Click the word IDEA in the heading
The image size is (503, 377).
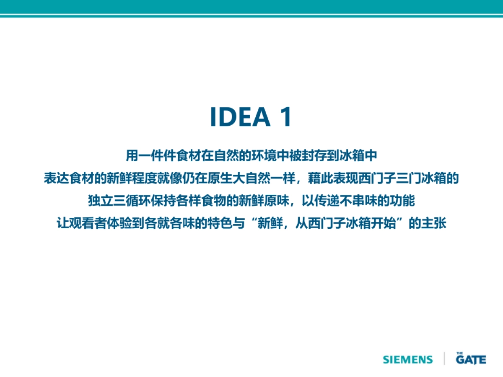click(x=240, y=116)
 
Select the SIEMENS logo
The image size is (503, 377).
click(x=408, y=359)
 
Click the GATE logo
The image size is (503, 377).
click(x=471, y=358)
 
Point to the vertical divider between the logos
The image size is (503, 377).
click(x=444, y=358)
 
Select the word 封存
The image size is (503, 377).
click(x=314, y=156)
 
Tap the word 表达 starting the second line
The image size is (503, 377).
click(x=56, y=178)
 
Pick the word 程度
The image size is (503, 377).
click(x=144, y=178)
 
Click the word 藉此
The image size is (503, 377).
click(x=320, y=178)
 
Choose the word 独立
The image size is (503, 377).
click(x=101, y=201)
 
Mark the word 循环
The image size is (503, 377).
click(x=138, y=201)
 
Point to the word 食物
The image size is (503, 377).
click(x=214, y=201)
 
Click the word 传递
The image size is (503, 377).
click(x=327, y=201)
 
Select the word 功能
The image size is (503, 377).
click(x=402, y=201)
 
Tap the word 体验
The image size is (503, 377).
click(x=119, y=223)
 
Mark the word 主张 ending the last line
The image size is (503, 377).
click(x=433, y=223)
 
